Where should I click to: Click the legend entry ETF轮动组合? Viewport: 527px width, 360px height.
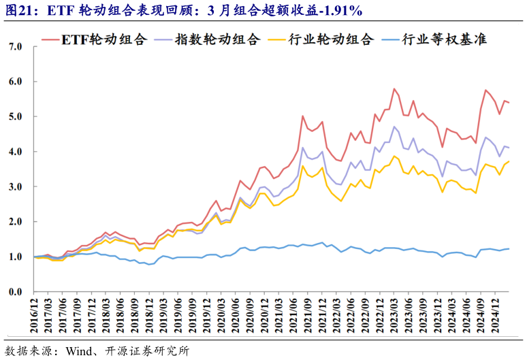click(103, 39)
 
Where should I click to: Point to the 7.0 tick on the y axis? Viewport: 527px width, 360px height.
click(15, 46)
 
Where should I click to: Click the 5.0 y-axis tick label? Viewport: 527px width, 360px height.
click(15, 116)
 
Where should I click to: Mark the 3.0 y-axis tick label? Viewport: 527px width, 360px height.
click(15, 186)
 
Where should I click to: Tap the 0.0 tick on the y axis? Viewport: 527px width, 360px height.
click(15, 292)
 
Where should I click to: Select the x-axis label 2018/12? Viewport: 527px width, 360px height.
click(153, 314)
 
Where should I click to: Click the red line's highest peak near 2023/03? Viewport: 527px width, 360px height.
click(394, 88)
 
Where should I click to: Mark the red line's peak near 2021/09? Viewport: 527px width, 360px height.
click(303, 116)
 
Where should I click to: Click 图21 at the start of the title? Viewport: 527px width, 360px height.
click(18, 11)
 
